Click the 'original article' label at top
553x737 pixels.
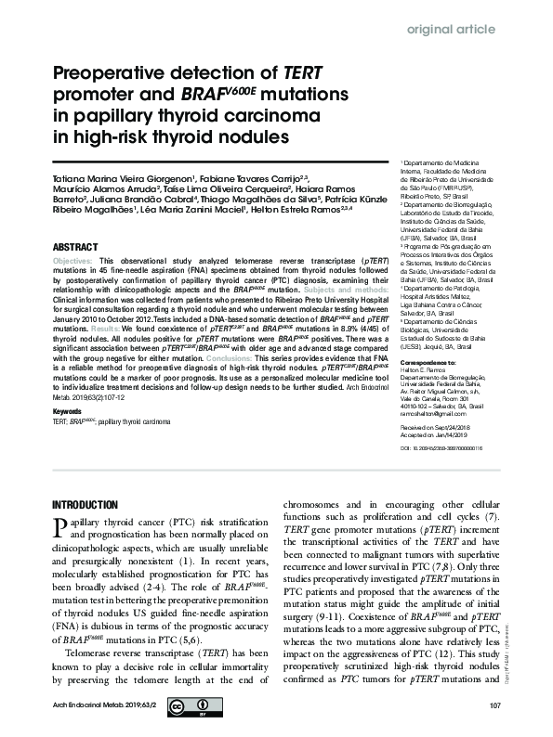tap(452, 29)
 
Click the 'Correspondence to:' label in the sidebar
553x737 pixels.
tap(404, 334)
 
